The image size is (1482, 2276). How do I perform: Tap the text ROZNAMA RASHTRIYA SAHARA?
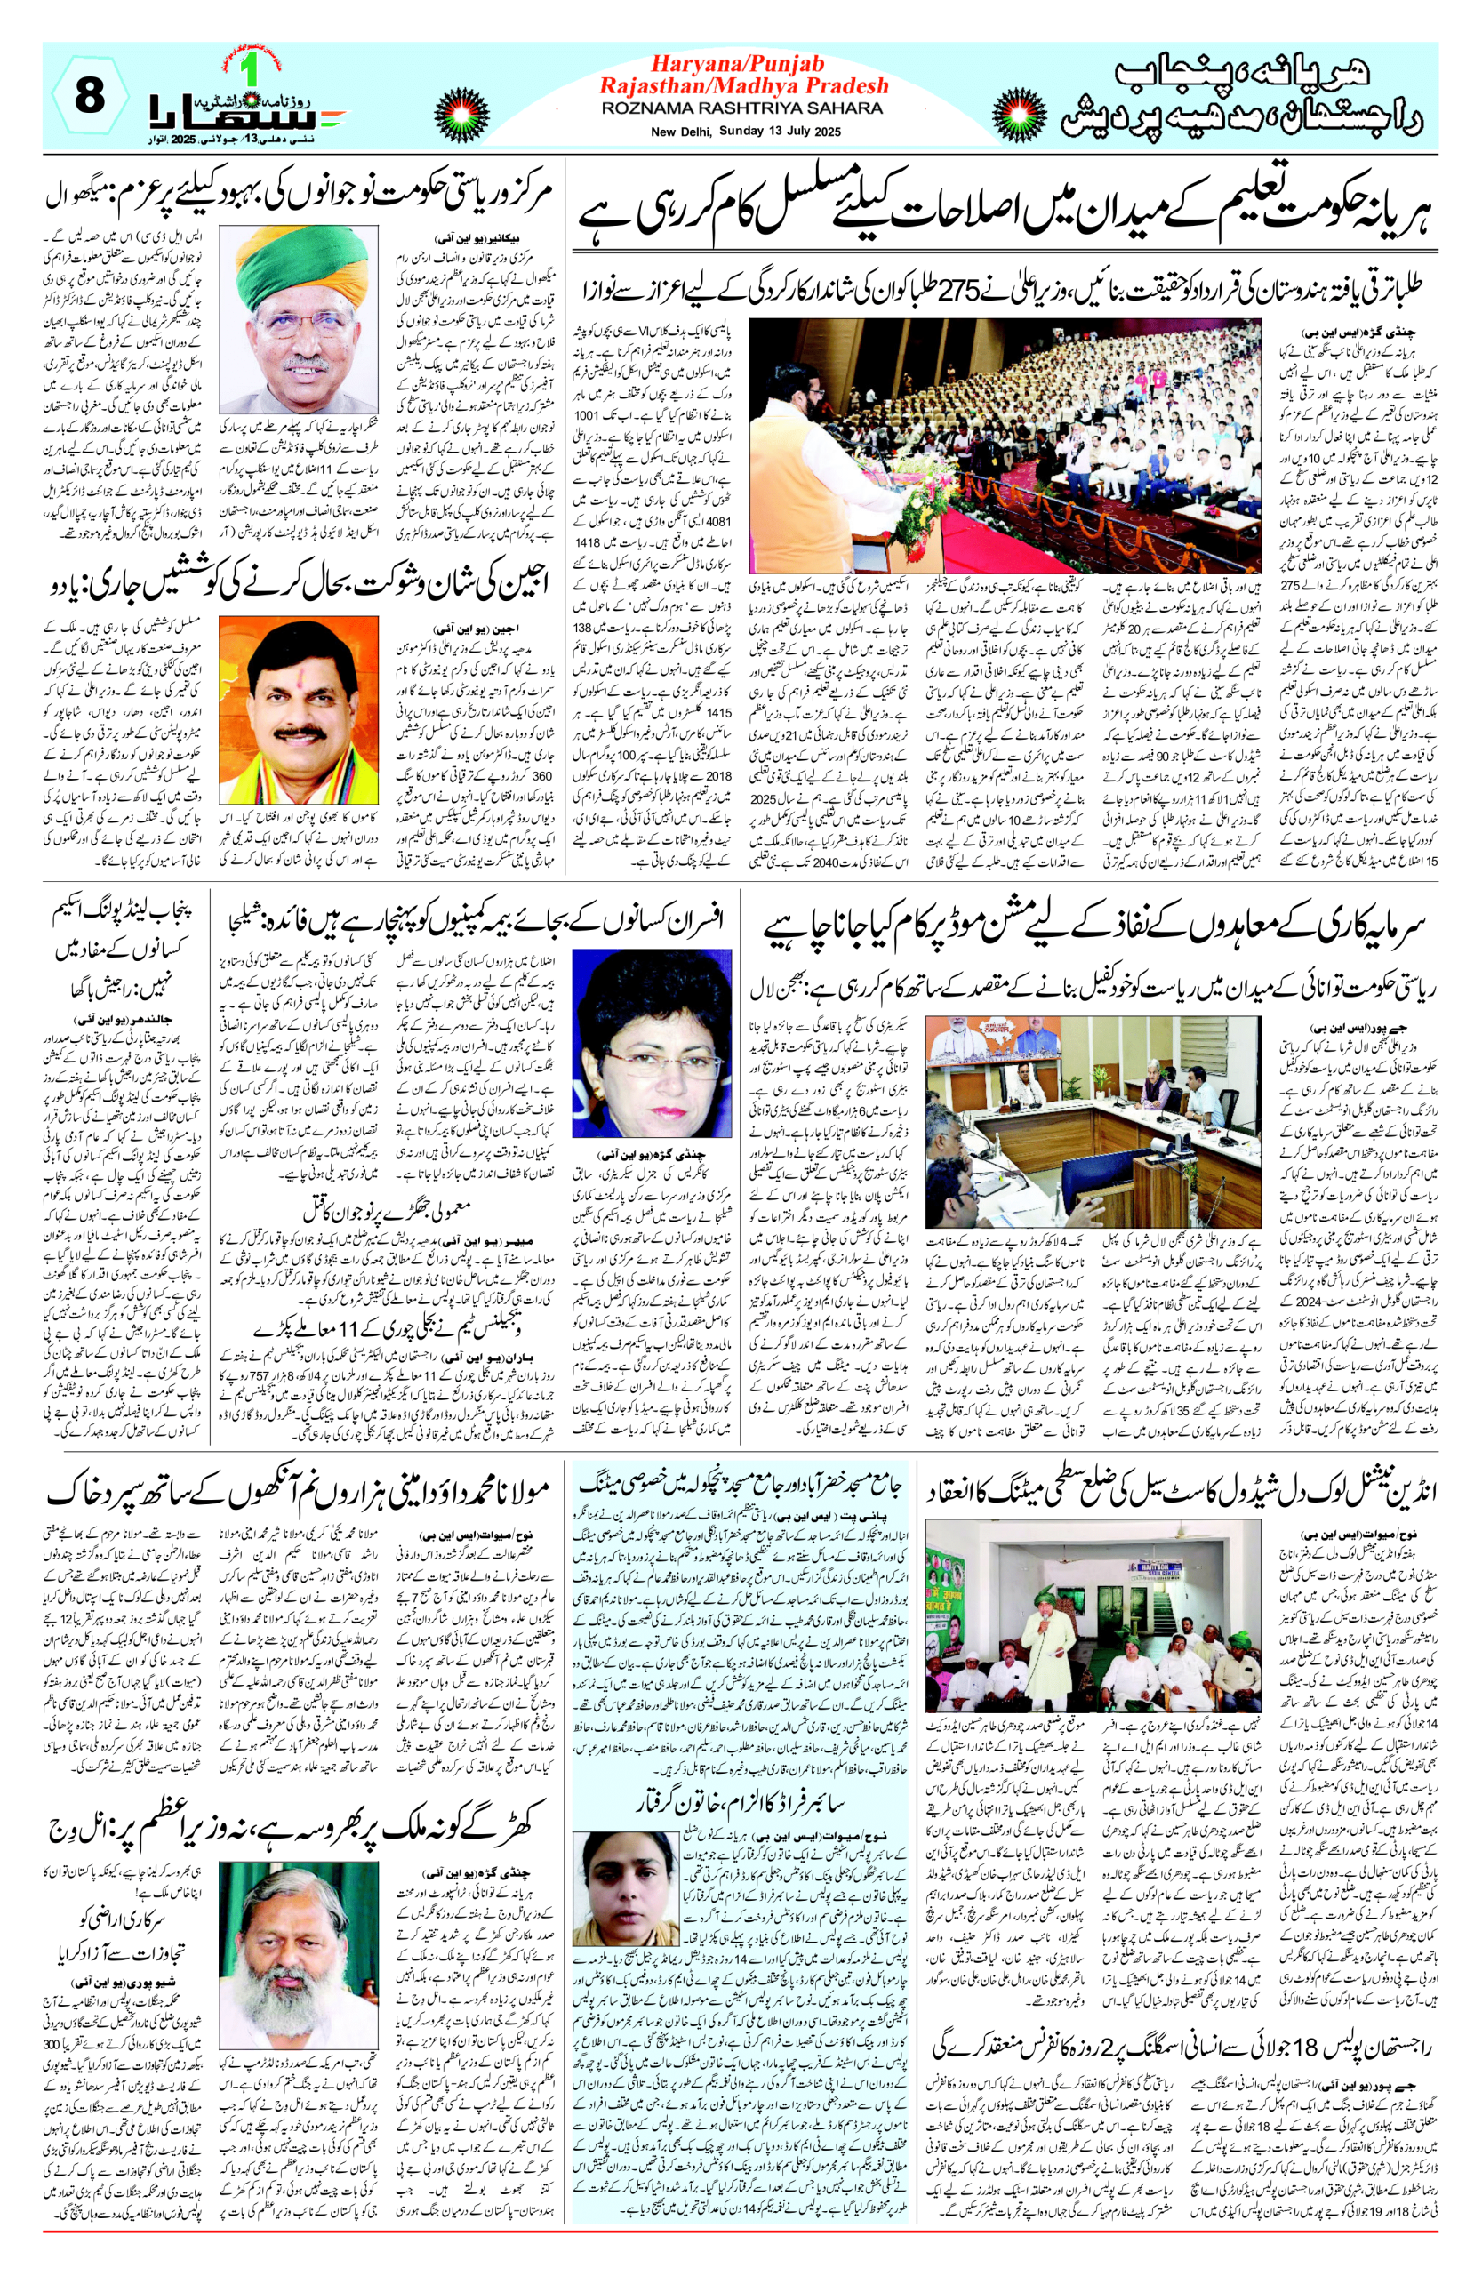point(742,109)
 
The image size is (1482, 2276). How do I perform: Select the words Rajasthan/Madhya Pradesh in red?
point(743,86)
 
